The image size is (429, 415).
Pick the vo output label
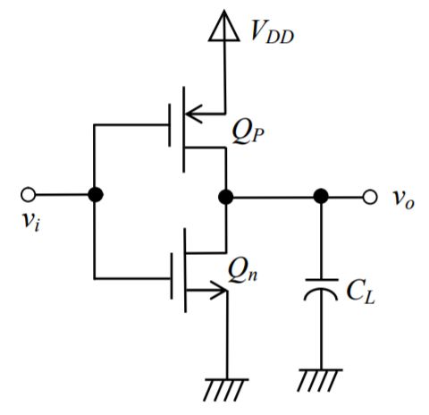[403, 199]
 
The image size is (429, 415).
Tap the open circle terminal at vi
[29, 195]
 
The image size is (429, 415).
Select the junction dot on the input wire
[94, 195]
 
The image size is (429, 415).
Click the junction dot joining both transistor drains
[226, 196]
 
